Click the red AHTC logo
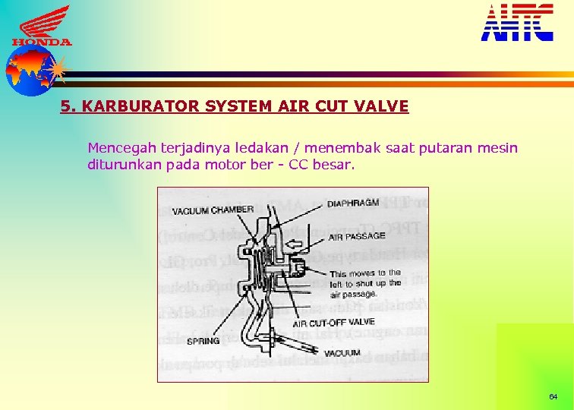click(517, 22)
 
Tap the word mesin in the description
click(497, 147)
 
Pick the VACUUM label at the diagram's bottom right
click(342, 354)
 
